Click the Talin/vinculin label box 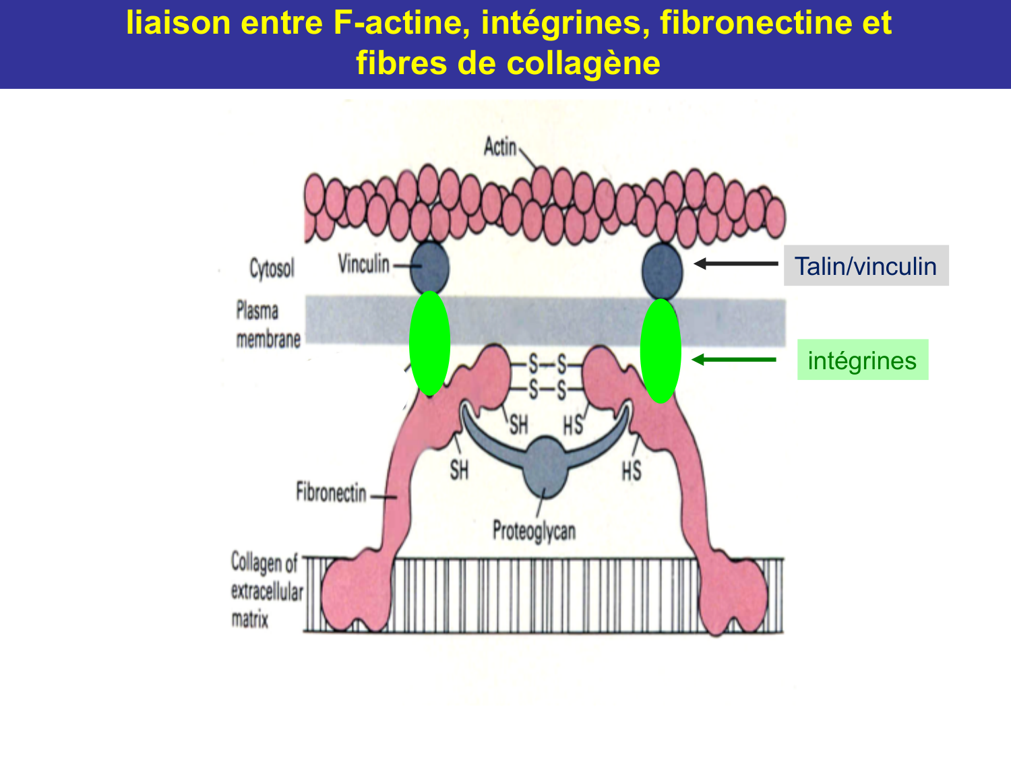[x=865, y=265]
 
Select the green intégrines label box [x=862, y=360]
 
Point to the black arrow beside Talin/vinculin [x=735, y=264]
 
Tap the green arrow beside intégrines [x=734, y=360]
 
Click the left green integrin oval [x=429, y=343]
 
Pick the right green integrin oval [x=661, y=351]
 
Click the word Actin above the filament [x=500, y=146]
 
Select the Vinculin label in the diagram [x=364, y=264]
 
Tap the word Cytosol [x=272, y=268]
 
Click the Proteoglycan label [x=534, y=531]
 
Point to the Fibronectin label [x=331, y=493]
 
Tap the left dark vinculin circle [x=429, y=267]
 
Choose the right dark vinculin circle [x=663, y=270]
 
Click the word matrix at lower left [x=250, y=619]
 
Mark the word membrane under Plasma [x=268, y=339]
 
